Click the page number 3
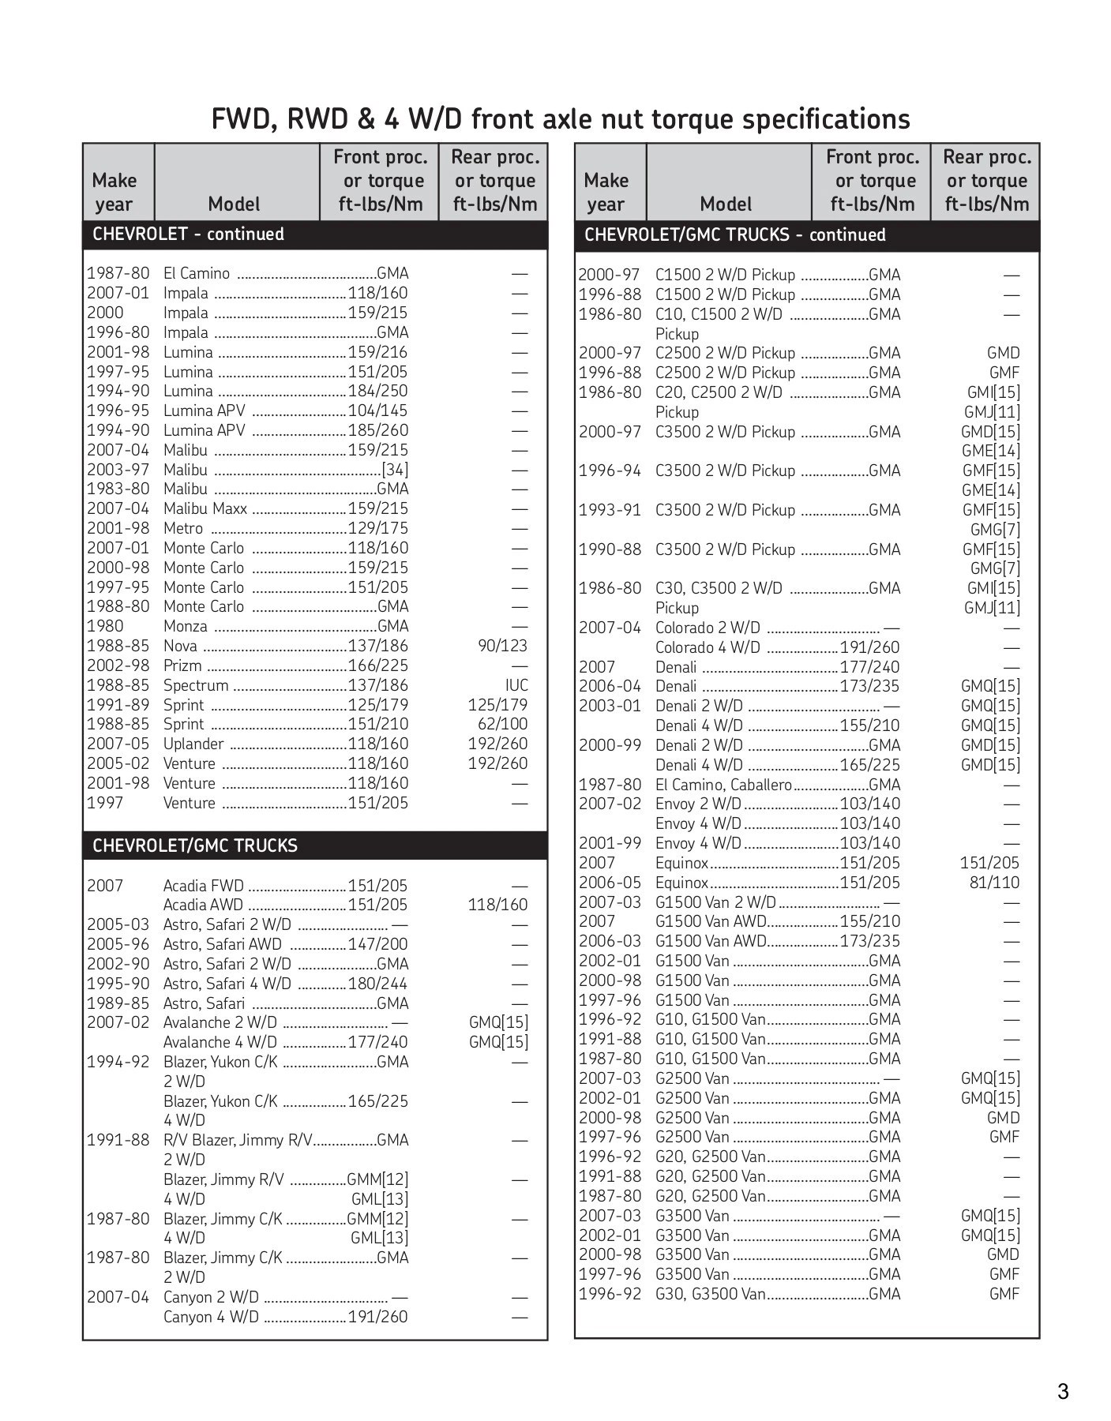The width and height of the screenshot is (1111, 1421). [1063, 1392]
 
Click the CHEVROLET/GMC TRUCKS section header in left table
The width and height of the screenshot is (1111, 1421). [194, 845]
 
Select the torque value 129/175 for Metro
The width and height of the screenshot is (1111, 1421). [377, 528]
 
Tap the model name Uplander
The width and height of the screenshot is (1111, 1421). [193, 744]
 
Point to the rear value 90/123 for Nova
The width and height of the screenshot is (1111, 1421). [502, 646]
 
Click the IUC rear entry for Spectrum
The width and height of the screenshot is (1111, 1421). [516, 685]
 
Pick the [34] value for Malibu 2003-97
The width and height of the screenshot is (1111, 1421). [394, 470]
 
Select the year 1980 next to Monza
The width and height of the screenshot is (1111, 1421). [105, 626]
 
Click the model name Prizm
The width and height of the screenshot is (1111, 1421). [182, 666]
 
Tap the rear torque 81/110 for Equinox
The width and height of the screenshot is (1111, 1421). [994, 883]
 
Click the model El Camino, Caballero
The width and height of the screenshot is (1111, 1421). [723, 785]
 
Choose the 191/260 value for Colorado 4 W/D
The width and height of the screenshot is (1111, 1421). [869, 647]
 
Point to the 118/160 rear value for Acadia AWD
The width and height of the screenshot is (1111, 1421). [497, 905]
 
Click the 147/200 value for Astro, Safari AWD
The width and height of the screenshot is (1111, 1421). [377, 944]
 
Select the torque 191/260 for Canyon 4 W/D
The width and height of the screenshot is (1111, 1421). [377, 1317]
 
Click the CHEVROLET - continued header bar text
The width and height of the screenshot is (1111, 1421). [188, 234]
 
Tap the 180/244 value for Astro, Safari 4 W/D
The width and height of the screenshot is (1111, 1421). [377, 984]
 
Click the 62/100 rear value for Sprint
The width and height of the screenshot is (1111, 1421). [502, 724]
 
